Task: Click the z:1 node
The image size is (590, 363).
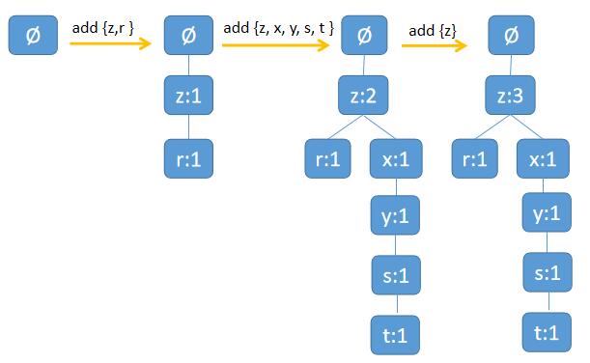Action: point(189,98)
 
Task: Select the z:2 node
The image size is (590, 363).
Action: point(362,98)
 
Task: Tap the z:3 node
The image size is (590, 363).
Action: point(510,98)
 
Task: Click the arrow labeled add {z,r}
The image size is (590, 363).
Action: point(112,43)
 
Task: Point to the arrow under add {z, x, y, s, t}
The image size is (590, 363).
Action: point(279,43)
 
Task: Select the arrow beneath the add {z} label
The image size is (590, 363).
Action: point(435,43)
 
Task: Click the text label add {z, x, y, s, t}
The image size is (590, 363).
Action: point(278,29)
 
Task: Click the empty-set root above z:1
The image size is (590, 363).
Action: point(189,38)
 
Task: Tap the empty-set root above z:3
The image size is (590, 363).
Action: point(510,38)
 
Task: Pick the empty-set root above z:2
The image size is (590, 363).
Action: point(362,38)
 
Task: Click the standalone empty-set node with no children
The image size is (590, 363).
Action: point(32,38)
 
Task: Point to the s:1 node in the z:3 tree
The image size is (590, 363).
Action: point(542,272)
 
